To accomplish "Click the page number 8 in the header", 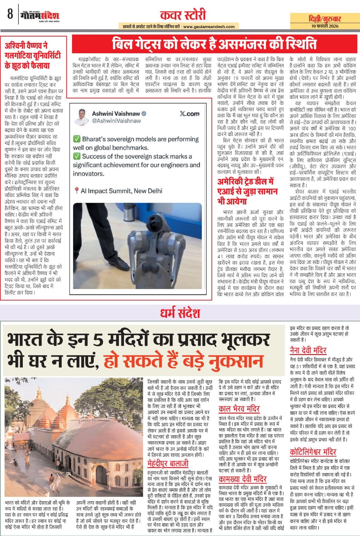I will [10, 14].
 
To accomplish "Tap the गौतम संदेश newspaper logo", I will [40, 16].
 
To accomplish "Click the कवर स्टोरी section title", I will [183, 15].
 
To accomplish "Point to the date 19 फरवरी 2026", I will [324, 26].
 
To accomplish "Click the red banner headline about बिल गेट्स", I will [214, 44].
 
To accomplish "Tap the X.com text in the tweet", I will [189, 114].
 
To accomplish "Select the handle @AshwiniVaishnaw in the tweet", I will [116, 121].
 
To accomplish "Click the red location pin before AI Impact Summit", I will [76, 191].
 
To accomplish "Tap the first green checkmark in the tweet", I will [77, 139].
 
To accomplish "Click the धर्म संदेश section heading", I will [180, 313].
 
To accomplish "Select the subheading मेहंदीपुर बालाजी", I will [168, 464].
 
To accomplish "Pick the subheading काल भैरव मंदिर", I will [239, 409].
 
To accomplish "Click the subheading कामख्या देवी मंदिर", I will [242, 479].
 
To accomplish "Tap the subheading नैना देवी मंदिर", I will [308, 350].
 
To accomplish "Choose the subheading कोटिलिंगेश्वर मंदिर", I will [313, 452].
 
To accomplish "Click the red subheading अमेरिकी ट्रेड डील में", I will [245, 181].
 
